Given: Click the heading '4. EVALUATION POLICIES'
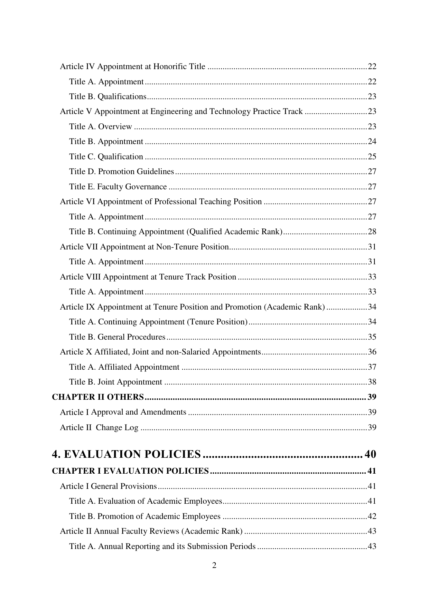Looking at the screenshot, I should tap(126, 454).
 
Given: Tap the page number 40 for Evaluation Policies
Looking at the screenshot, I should tap(370, 454).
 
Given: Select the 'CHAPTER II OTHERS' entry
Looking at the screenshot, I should tap(98, 397).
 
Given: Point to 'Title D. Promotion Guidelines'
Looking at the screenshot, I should tap(121, 171).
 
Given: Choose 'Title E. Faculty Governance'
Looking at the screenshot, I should tap(118, 187).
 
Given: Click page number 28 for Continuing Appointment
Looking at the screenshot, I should tap(372, 231).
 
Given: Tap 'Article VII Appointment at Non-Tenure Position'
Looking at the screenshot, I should tap(144, 247).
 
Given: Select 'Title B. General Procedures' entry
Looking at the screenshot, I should tap(117, 337).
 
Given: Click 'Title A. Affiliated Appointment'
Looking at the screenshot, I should tap(124, 367).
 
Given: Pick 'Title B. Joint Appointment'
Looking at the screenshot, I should tap(115, 382).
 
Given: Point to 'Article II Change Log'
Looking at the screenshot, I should tap(99, 427).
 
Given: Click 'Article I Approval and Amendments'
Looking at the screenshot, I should tap(123, 412).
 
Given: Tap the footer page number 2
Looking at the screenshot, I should tap(214, 566).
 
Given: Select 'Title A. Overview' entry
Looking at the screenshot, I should tap(101, 126).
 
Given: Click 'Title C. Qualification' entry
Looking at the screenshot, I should tap(106, 157).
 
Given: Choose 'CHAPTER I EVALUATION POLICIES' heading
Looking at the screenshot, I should tap(130, 471).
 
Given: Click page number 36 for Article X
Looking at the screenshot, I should tap(372, 352).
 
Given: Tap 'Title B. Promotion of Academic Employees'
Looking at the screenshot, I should tap(145, 516).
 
